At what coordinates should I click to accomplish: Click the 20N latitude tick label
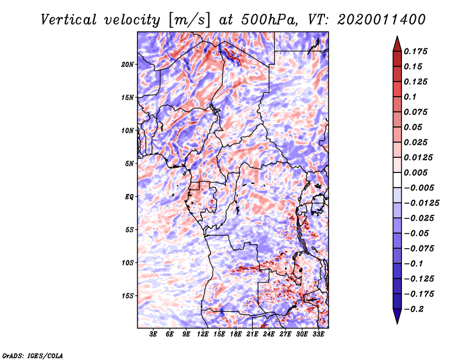pos(128,64)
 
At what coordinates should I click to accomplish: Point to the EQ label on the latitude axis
pos(129,197)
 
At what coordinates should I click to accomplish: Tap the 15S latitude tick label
pos(128,296)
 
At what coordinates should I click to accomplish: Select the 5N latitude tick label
pos(129,164)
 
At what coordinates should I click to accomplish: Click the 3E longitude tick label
pos(153,335)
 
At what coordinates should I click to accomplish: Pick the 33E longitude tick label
pos(317,335)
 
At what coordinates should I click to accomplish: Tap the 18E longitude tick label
pos(235,335)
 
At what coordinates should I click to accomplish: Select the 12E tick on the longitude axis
pos(203,335)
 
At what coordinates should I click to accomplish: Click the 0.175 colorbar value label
pos(417,51)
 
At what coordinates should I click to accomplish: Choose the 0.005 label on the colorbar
pos(417,172)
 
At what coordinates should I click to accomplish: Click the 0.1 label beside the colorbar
pos(411,97)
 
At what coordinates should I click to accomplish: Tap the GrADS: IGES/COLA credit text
pos(33,355)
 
